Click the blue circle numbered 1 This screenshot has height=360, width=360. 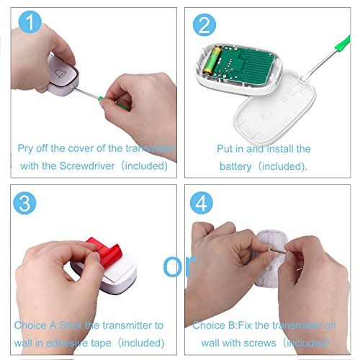(x=30, y=22)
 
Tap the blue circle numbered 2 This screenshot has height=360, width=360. (x=204, y=24)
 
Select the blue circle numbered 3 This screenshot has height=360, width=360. (x=24, y=203)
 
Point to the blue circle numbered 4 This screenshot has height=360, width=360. (x=202, y=203)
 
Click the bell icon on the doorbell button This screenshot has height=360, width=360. (x=60, y=73)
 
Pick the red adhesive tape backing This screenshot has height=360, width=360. (x=106, y=251)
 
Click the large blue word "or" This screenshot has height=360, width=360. (x=179, y=266)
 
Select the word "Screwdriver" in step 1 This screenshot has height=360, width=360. (x=87, y=166)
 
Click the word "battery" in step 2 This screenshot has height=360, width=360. (x=235, y=166)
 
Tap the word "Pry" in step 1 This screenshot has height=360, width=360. (x=25, y=148)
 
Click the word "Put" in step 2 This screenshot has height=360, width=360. (x=225, y=149)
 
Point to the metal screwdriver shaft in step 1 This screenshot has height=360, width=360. (x=87, y=93)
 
